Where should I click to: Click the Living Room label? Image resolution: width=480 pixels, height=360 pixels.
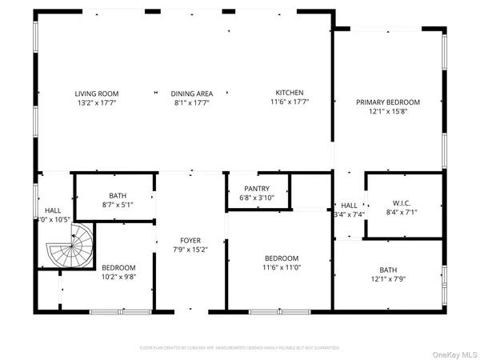click(91, 93)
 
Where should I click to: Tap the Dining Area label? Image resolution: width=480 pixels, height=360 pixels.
click(190, 93)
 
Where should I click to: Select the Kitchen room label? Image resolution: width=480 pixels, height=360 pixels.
click(289, 93)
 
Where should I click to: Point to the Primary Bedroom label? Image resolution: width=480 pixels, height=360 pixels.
click(388, 102)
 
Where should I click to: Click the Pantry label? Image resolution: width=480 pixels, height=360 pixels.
click(257, 188)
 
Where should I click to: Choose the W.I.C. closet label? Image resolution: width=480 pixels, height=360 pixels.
click(401, 202)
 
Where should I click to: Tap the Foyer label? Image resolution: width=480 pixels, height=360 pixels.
click(190, 240)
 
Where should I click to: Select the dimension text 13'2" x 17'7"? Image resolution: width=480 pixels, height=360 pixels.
click(91, 102)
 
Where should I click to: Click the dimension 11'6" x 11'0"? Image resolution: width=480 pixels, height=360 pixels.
click(282, 268)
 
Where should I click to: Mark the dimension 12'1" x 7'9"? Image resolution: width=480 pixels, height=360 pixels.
click(388, 279)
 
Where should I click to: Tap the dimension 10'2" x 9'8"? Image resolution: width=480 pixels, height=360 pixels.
click(118, 277)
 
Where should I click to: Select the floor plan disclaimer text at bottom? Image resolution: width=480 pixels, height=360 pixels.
click(239, 348)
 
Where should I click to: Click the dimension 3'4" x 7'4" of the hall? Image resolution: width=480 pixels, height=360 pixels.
click(349, 214)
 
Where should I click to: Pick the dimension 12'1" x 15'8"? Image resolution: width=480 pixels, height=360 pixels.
click(388, 111)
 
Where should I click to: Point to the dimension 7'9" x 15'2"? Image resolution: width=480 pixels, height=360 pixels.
click(190, 250)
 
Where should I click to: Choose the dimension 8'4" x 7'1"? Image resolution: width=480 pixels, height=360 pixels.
click(401, 212)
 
